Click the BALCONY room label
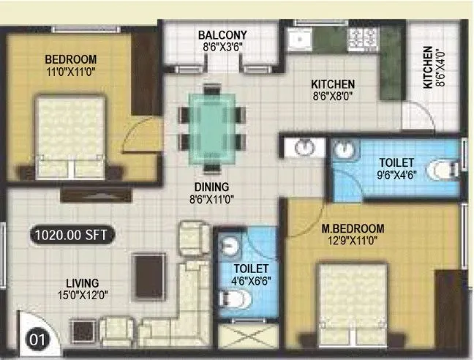click(x=222, y=34)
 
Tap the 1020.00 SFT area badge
click(x=70, y=236)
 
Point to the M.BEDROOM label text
click(x=353, y=229)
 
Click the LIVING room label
click(x=81, y=282)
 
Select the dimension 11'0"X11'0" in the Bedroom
click(x=70, y=72)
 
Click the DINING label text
click(x=211, y=187)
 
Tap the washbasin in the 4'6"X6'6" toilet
click(x=231, y=244)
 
